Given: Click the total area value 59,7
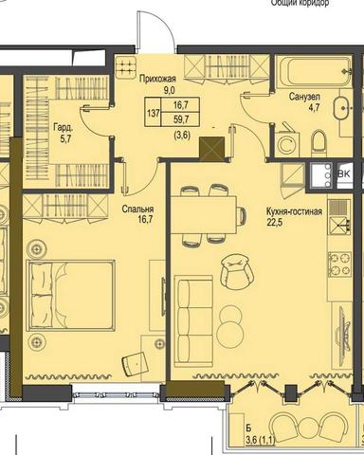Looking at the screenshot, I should click(179, 119).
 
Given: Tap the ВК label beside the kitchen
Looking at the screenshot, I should click(345, 173).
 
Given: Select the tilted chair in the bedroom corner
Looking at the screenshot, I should click(137, 361).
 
